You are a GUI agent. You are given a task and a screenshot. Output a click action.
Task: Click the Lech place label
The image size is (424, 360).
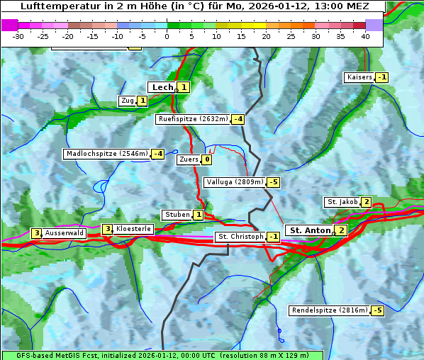[x=162, y=87]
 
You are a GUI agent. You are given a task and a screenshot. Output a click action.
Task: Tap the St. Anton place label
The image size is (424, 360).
[x=309, y=230]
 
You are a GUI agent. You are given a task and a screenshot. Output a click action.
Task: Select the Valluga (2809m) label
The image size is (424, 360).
[x=235, y=182]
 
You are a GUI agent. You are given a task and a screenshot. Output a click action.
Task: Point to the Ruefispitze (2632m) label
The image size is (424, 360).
[x=193, y=119]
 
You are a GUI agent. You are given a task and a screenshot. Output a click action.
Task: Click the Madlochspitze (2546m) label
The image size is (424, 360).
[x=106, y=154]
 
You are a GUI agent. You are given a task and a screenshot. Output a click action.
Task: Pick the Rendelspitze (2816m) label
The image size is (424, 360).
[x=330, y=310]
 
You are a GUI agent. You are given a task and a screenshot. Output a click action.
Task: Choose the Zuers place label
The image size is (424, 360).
[x=189, y=159]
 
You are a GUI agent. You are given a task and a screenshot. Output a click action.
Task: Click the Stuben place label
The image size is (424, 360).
[x=177, y=215]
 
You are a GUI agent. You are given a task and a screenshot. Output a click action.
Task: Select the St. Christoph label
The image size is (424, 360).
[x=240, y=237]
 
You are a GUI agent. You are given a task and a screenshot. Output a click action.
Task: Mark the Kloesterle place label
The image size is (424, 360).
[x=133, y=229]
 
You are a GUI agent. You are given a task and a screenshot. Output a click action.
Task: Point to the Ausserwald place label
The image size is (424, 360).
[x=65, y=232]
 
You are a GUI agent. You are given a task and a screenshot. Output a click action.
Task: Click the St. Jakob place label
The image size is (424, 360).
[x=342, y=202]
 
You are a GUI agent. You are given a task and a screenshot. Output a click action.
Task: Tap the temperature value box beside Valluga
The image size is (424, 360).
[x=274, y=182]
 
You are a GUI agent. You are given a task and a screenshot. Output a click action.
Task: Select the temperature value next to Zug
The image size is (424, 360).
[x=142, y=101]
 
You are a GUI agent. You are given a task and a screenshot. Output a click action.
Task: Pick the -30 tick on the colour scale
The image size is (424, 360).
[x=18, y=36]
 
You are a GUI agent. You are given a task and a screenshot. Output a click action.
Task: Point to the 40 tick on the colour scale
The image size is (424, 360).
[x=365, y=36]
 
